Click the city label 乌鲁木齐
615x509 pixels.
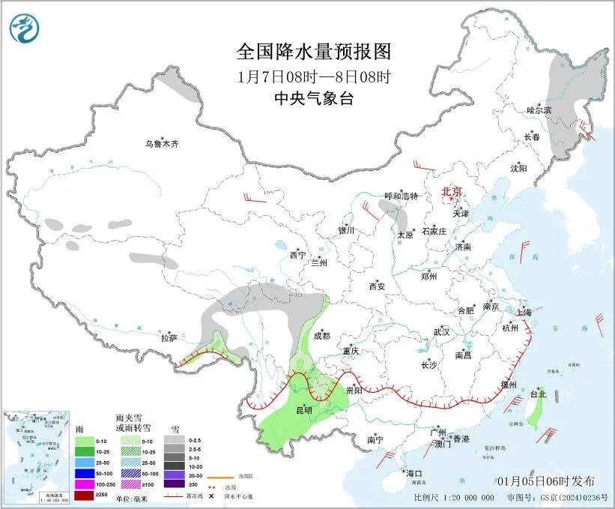click(163, 144)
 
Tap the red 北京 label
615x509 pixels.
click(452, 191)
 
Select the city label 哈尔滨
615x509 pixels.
click(538, 109)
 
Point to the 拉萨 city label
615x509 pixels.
click(169, 338)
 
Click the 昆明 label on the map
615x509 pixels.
click(304, 410)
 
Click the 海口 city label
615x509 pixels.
click(414, 473)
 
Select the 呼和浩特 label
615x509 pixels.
click(401, 196)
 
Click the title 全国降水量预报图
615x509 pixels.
click(314, 52)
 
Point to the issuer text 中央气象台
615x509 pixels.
click(314, 98)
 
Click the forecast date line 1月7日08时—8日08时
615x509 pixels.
click(314, 76)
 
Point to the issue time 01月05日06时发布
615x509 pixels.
click(546, 481)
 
